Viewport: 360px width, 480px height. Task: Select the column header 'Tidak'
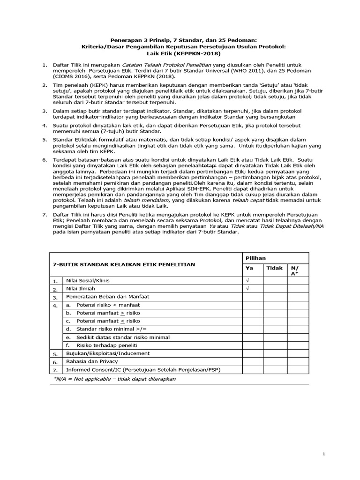pyautogui.click(x=274, y=268)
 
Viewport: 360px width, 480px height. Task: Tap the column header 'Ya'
pyautogui.click(x=250, y=268)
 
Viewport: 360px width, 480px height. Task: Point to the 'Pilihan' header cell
pyautogui.click(x=255, y=258)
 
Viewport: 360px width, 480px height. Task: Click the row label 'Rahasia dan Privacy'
pyautogui.click(x=92, y=361)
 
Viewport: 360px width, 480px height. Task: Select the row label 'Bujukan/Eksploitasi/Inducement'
pyautogui.click(x=108, y=353)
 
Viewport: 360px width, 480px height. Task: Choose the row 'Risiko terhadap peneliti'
pyautogui.click(x=98, y=345)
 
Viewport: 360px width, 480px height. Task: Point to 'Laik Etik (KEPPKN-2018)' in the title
pyautogui.click(x=180, y=53)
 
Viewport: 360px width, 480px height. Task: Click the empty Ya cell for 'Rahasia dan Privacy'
pyautogui.click(x=252, y=361)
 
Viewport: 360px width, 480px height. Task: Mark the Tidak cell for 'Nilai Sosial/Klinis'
pyautogui.click(x=275, y=280)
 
